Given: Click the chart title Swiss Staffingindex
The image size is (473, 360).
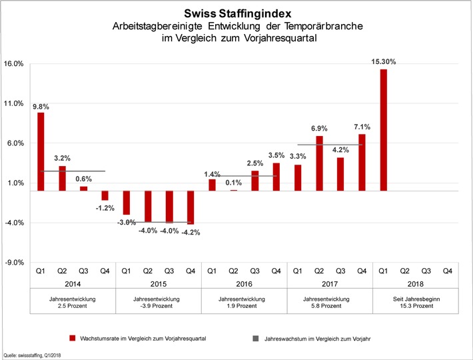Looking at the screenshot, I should pyautogui.click(x=236, y=13).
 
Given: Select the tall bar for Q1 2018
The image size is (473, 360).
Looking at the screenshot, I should pyautogui.click(x=383, y=130).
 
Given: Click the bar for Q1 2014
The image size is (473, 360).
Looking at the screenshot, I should pyautogui.click(x=41, y=151).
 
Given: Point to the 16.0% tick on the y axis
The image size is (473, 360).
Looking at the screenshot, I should pyautogui.click(x=14, y=64).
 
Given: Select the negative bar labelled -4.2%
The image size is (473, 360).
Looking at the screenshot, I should pyautogui.click(x=191, y=207).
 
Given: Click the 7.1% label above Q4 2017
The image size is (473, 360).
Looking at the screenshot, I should pyautogui.click(x=362, y=127).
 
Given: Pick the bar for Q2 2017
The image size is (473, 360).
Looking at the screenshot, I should pyautogui.click(x=319, y=163).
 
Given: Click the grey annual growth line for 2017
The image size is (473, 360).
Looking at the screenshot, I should pyautogui.click(x=330, y=145).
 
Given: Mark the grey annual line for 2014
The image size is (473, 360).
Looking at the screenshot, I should pyautogui.click(x=73, y=171).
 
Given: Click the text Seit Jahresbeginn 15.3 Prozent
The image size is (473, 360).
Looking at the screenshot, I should pyautogui.click(x=416, y=303).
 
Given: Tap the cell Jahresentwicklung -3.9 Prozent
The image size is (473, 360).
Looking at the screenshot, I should pyautogui.click(x=159, y=303).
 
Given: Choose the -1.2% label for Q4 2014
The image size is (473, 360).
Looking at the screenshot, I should pyautogui.click(x=105, y=208).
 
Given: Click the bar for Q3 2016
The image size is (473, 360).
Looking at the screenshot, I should pyautogui.click(x=254, y=181).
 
